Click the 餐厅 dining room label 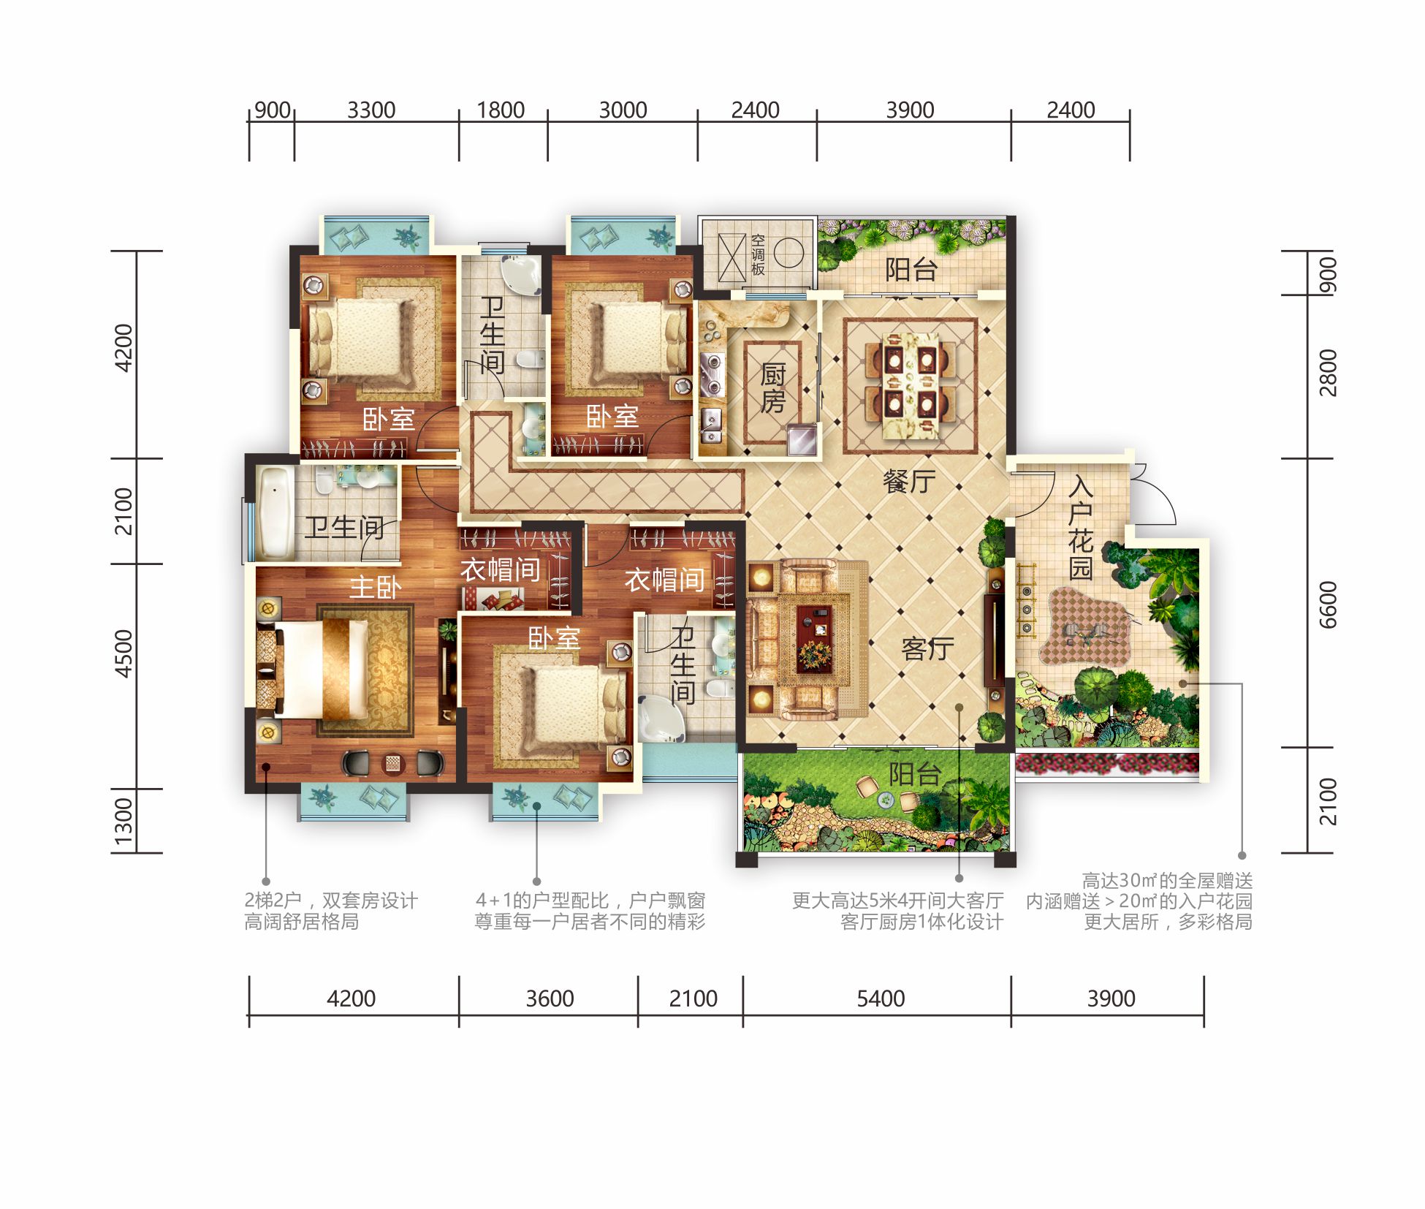(x=909, y=482)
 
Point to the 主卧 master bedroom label (x=376, y=587)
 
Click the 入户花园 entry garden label (x=1081, y=528)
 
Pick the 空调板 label (x=758, y=255)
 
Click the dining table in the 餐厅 (x=911, y=386)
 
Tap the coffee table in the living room (x=814, y=637)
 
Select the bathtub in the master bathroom (x=274, y=512)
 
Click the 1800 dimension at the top (x=501, y=110)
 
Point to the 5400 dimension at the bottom (x=881, y=998)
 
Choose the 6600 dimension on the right (x=1328, y=604)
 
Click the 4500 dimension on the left (x=123, y=653)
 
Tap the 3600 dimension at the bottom (x=550, y=998)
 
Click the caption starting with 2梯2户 (x=331, y=911)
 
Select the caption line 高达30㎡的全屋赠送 (x=1167, y=880)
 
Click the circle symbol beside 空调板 (x=788, y=253)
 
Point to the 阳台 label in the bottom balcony (x=915, y=774)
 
